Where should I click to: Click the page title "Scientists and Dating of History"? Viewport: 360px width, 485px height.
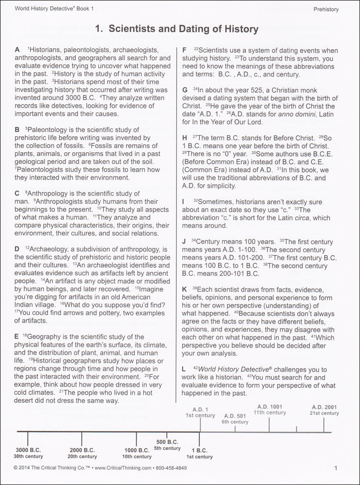pyautogui.click(x=184, y=30)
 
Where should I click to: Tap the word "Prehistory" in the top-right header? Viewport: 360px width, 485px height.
pyautogui.click(x=326, y=9)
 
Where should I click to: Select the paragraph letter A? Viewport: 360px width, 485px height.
pyautogui.click(x=17, y=50)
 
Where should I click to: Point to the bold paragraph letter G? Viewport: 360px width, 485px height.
pyautogui.click(x=185, y=90)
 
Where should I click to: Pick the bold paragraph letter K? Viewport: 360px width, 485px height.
pyautogui.click(x=185, y=288)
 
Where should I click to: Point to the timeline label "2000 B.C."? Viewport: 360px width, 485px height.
pyautogui.click(x=82, y=449)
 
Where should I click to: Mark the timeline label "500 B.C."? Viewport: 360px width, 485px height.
pyautogui.click(x=167, y=441)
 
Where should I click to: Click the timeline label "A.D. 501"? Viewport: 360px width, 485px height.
pyautogui.click(x=235, y=415)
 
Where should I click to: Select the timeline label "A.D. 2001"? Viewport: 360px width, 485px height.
pyautogui.click(x=325, y=406)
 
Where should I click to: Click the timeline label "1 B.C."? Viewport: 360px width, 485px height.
pyautogui.click(x=200, y=449)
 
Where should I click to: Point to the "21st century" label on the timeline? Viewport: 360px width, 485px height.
pyautogui.click(x=325, y=413)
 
